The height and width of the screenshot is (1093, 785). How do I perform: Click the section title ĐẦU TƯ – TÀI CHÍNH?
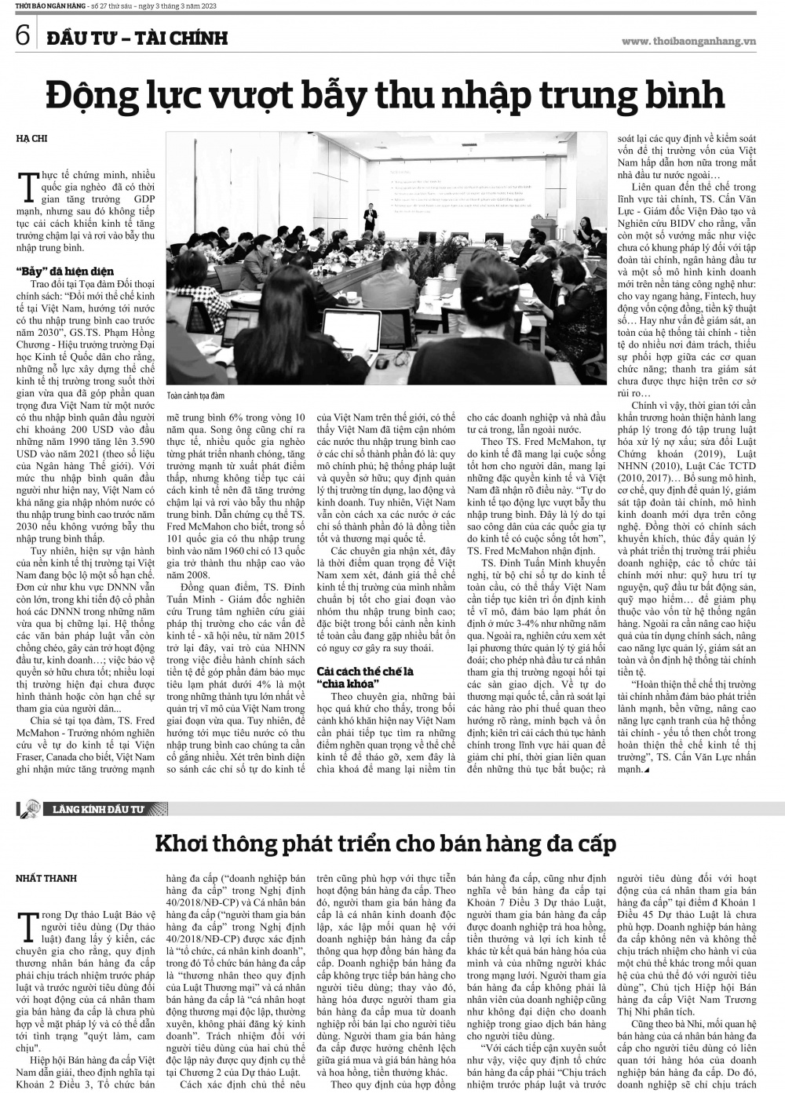[x=137, y=37]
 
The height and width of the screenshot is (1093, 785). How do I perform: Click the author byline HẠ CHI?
[x=32, y=139]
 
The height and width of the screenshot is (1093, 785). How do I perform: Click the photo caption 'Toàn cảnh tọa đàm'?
[x=195, y=396]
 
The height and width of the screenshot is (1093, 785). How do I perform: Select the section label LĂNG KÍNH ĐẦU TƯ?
[x=99, y=808]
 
